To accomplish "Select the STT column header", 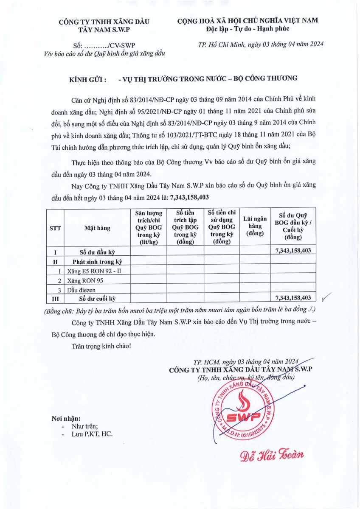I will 55,228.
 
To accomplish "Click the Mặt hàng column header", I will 97,228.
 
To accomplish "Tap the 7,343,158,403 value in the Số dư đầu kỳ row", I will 293,251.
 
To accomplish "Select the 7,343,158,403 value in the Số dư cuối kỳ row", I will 293,298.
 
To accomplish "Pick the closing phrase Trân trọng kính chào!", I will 101,346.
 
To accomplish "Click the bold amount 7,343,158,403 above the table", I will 189,198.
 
